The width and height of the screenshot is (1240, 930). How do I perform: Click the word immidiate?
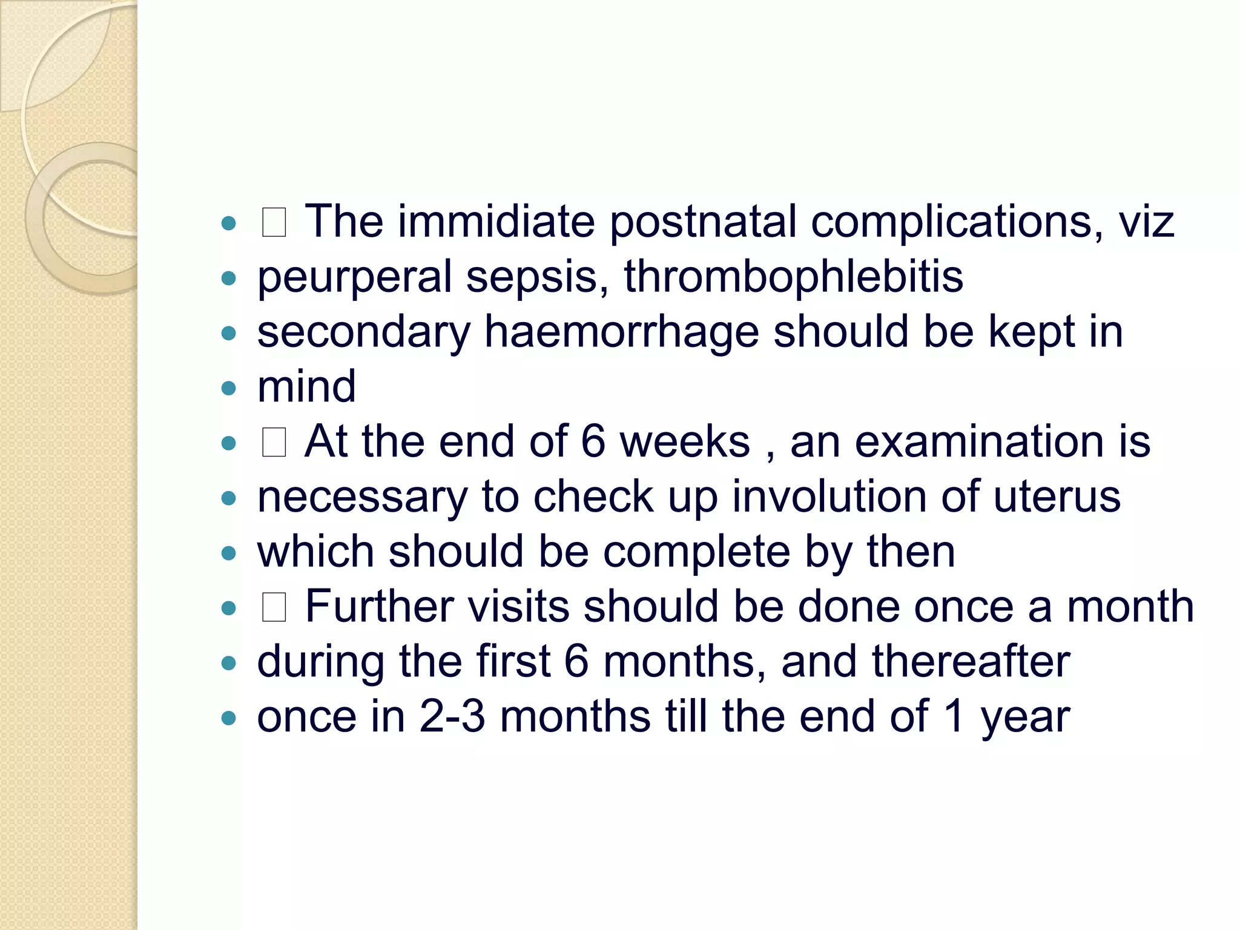(x=496, y=221)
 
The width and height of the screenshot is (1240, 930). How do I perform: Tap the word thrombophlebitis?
(x=793, y=277)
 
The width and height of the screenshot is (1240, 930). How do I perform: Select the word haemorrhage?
(x=621, y=332)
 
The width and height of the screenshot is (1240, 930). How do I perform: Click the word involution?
(x=829, y=496)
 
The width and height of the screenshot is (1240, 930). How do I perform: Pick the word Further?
(x=379, y=606)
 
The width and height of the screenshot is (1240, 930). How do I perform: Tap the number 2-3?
(x=452, y=716)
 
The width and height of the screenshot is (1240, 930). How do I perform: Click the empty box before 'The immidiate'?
(x=274, y=222)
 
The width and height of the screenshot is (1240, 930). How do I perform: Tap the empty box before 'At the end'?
(x=274, y=443)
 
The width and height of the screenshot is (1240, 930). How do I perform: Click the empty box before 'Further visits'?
(x=274, y=607)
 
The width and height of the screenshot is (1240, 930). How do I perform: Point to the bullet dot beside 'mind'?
(x=228, y=388)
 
